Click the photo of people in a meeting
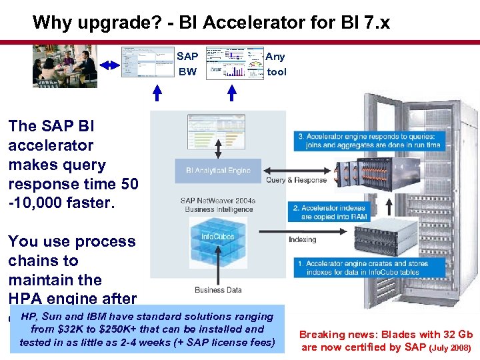(65, 65)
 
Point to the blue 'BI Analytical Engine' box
(218, 170)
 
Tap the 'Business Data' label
(218, 290)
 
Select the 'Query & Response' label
(297, 180)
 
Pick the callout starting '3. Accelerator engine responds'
(369, 141)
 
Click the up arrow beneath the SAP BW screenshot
(157, 91)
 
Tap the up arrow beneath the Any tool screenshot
(231, 91)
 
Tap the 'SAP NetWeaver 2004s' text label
(217, 200)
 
